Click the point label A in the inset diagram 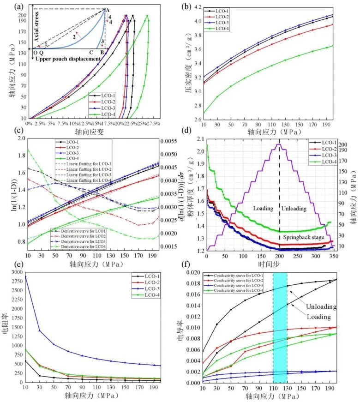108,10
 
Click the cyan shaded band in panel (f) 280,323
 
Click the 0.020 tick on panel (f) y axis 195,272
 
